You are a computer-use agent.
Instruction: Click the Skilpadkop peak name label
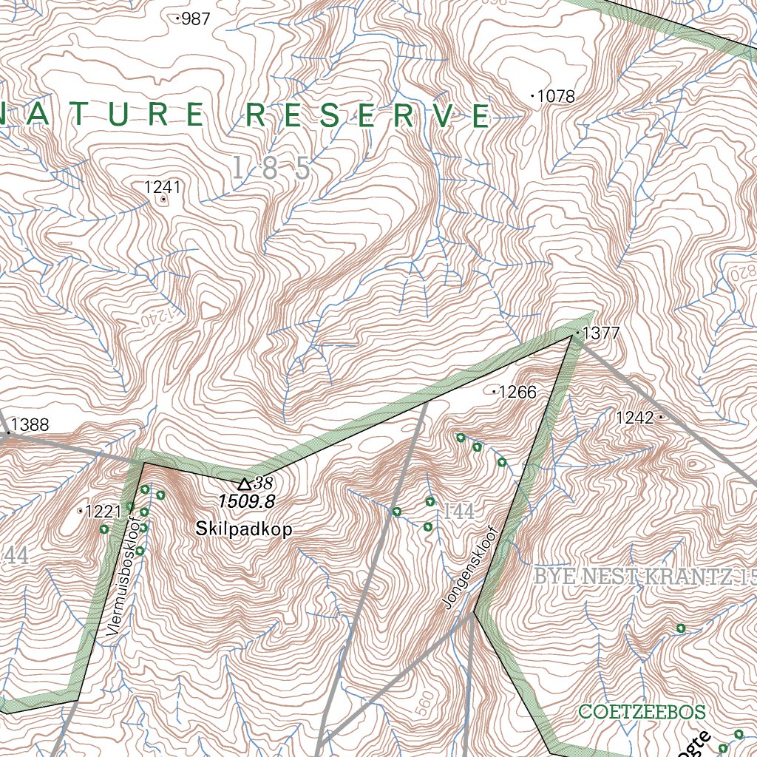[x=244, y=529]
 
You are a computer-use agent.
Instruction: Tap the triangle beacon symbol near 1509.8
[x=244, y=484]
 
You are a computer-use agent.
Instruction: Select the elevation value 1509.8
[x=246, y=502]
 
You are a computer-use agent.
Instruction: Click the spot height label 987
[x=195, y=19]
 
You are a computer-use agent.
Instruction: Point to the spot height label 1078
[x=555, y=96]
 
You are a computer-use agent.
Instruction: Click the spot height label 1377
[x=600, y=334]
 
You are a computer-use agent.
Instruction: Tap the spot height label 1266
[x=517, y=392]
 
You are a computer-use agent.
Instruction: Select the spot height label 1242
[x=635, y=418]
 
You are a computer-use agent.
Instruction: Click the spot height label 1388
[x=30, y=425]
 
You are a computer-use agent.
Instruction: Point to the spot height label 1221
[x=103, y=511]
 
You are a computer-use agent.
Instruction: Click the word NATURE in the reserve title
[x=103, y=115]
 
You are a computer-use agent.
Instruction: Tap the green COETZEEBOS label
[x=642, y=712]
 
